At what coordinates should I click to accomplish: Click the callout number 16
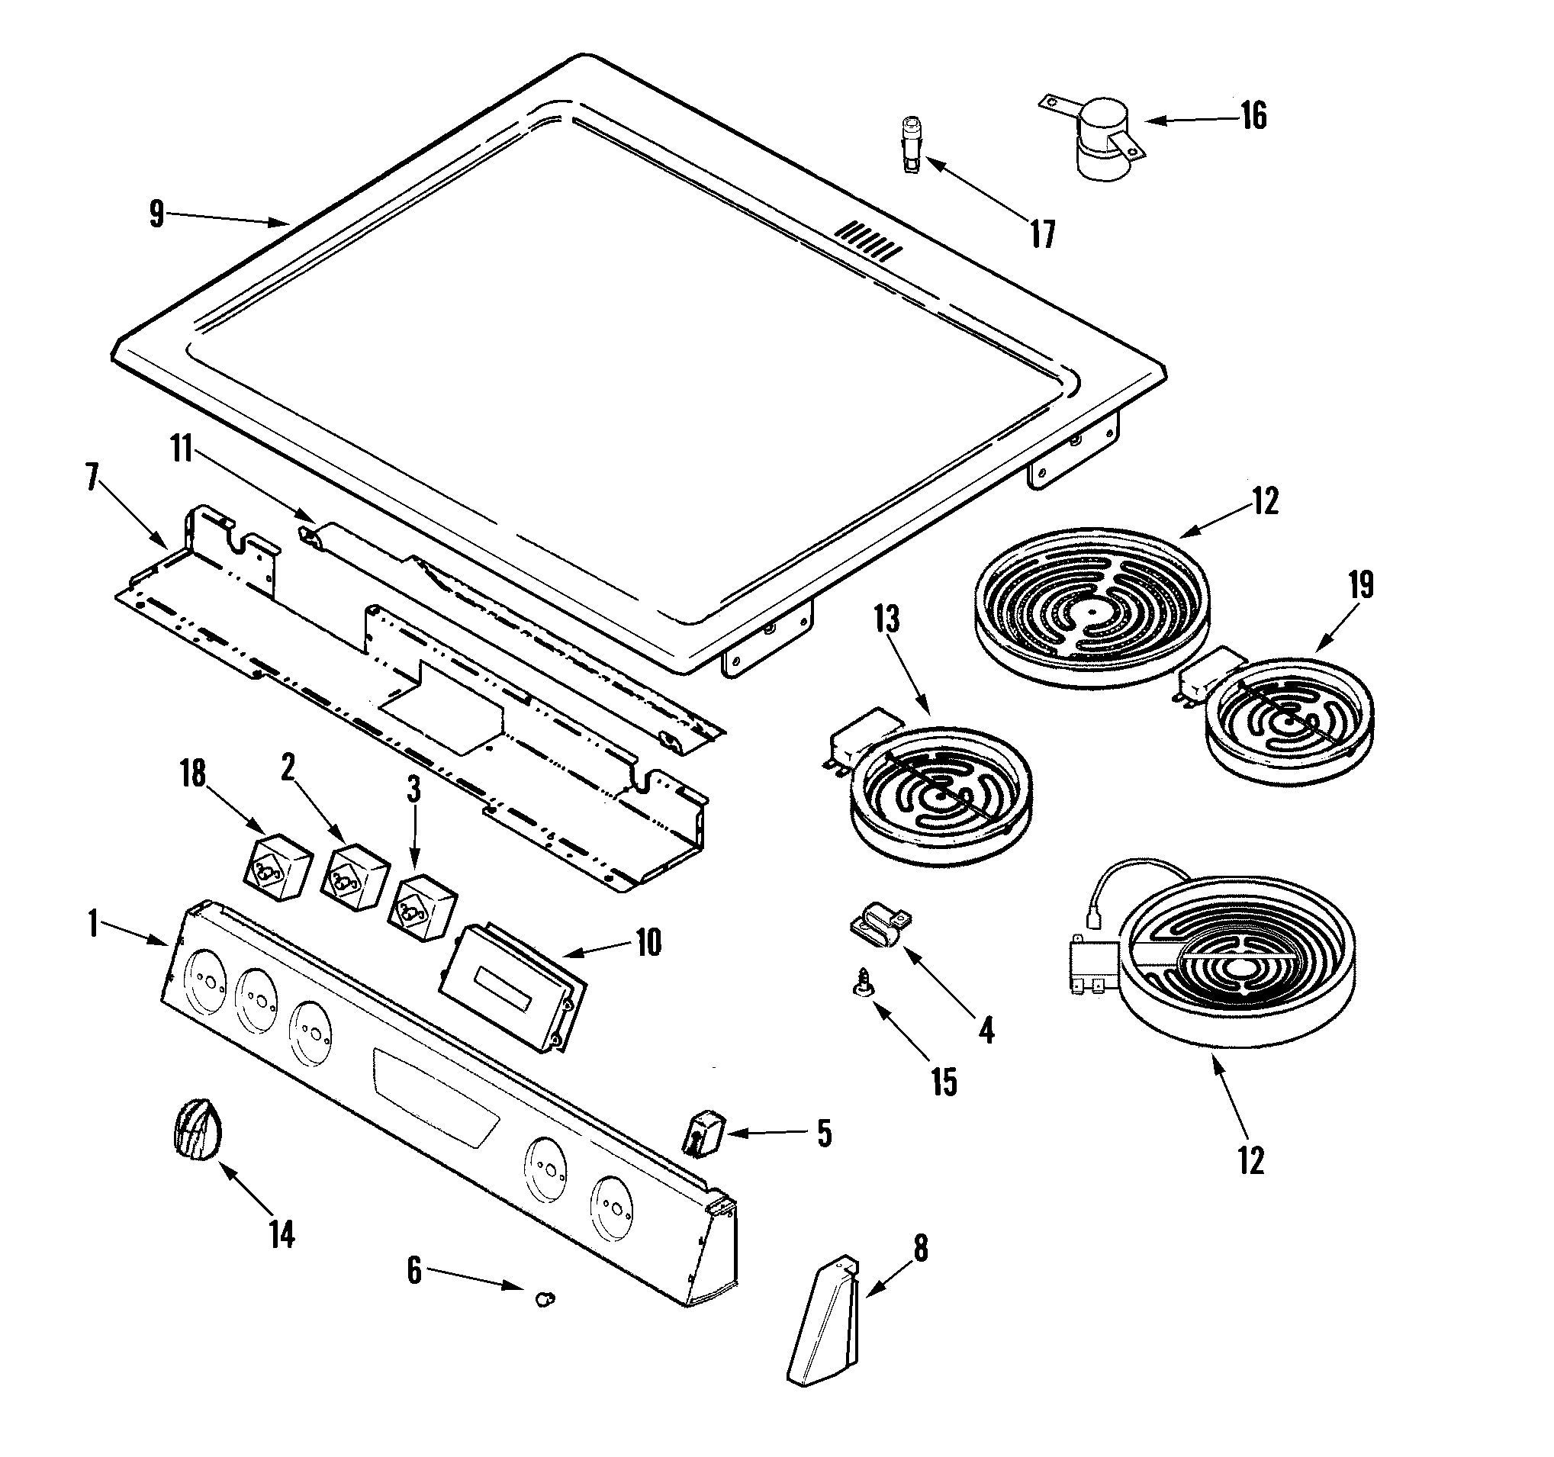click(x=1253, y=116)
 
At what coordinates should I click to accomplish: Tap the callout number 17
click(x=1042, y=233)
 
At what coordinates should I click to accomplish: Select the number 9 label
click(x=156, y=214)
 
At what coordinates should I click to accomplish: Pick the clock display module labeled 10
click(x=512, y=989)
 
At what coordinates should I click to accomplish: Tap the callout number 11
click(x=182, y=451)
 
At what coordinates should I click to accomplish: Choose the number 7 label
click(x=92, y=478)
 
